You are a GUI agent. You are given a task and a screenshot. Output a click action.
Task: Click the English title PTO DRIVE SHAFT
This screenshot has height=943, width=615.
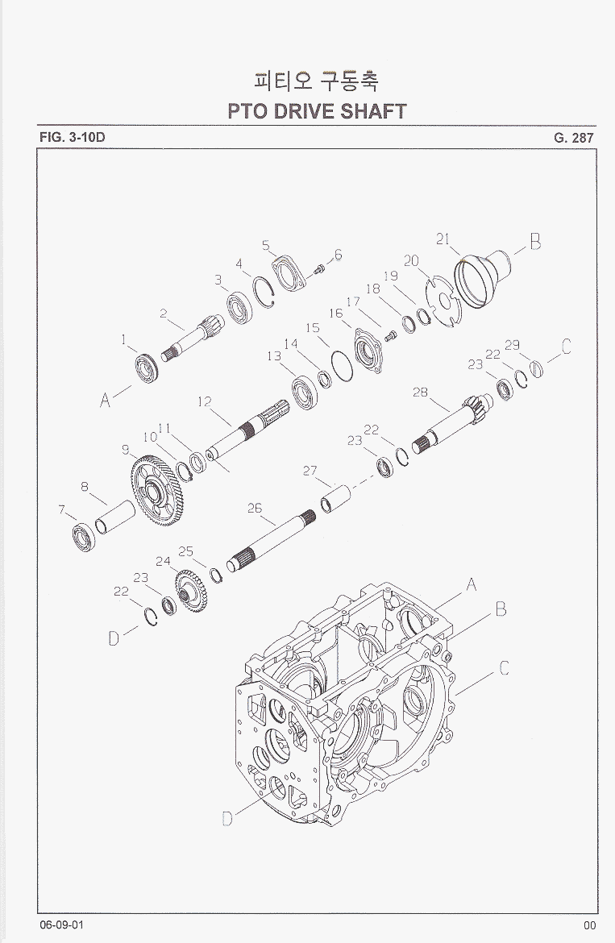[317, 111]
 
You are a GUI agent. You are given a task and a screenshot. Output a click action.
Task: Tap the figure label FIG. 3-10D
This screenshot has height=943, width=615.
[73, 137]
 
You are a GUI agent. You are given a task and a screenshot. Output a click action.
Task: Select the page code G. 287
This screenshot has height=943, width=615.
[574, 138]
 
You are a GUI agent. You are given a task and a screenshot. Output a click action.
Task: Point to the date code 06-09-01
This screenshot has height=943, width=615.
[62, 925]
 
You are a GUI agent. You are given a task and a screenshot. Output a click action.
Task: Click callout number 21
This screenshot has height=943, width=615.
[443, 239]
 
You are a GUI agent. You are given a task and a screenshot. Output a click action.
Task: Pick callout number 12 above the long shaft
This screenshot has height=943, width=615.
[205, 401]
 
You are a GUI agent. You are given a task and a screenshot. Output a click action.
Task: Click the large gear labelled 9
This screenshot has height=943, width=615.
[156, 491]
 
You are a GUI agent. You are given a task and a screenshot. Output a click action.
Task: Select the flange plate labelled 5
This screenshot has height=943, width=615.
[289, 273]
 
